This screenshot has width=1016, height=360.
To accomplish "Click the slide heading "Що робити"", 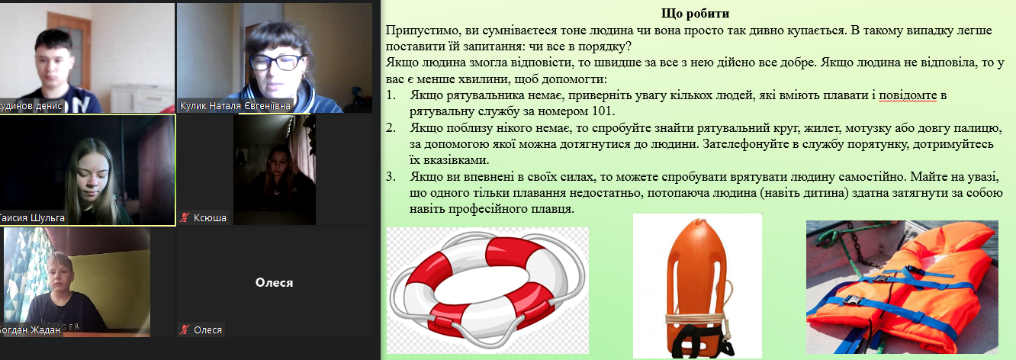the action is [695, 13].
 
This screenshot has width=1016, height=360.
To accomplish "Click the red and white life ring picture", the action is [487, 290].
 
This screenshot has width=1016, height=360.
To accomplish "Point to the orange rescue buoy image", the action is [697, 287].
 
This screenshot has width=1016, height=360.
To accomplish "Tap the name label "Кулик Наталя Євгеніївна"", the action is [234, 106].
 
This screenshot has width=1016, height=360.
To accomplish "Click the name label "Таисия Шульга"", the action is [32, 218].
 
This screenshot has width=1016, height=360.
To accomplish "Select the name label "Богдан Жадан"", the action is [30, 330].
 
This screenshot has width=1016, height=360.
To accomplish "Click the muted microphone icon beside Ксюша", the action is [184, 217].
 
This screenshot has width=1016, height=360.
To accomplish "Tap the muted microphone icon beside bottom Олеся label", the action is [184, 329].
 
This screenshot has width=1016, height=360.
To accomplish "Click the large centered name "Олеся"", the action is [274, 282].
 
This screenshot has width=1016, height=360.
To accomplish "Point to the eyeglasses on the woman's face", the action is [276, 63].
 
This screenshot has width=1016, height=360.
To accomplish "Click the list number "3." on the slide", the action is [391, 176].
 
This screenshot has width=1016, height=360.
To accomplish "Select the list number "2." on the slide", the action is [391, 128].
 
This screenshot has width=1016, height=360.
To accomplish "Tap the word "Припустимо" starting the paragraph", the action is [417, 31].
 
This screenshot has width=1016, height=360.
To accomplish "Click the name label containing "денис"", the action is [31, 106].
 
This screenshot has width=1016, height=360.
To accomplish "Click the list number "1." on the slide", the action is [391, 95].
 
